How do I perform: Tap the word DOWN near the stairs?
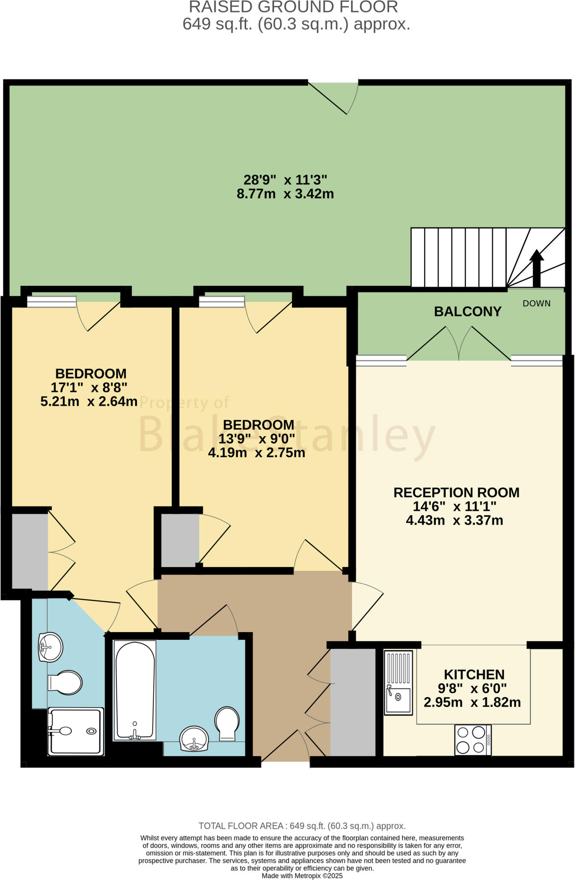(536, 303)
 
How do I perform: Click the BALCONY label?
(467, 312)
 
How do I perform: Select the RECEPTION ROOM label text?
(456, 492)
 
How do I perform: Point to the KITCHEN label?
(474, 675)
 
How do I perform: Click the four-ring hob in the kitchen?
(473, 739)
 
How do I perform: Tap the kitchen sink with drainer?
(398, 682)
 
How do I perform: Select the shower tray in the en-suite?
(76, 731)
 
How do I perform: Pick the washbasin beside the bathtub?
(194, 738)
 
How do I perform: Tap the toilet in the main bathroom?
(227, 724)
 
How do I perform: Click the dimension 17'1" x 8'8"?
(89, 388)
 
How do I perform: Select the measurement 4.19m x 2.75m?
(256, 453)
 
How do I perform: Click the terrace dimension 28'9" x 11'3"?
(285, 180)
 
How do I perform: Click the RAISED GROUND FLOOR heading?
(293, 7)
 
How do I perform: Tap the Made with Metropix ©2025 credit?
(302, 876)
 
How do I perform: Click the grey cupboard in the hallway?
(353, 702)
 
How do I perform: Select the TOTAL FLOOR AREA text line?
(302, 826)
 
